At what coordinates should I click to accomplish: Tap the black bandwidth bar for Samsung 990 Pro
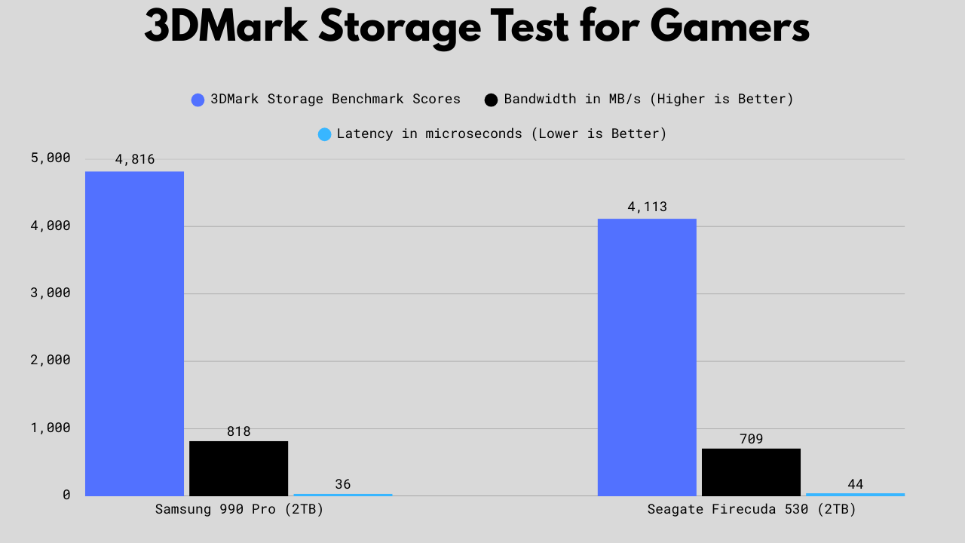(x=238, y=468)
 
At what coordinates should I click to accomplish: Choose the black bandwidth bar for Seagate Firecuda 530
(x=751, y=472)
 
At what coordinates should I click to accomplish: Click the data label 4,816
(x=135, y=159)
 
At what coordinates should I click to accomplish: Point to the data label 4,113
(x=647, y=207)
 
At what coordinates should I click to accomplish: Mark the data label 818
(x=238, y=432)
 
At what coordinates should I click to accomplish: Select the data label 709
(x=751, y=439)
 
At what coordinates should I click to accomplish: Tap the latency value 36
(x=343, y=484)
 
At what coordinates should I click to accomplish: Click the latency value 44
(x=855, y=484)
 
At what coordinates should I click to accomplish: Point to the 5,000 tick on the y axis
(x=51, y=158)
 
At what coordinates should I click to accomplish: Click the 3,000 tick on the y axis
(x=51, y=293)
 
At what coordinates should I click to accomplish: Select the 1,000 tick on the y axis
(x=51, y=428)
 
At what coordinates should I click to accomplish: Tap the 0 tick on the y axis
(x=66, y=495)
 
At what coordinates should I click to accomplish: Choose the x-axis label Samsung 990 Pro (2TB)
(x=239, y=509)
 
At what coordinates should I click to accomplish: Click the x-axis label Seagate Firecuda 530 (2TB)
(x=752, y=509)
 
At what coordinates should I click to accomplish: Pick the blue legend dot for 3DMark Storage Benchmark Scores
(x=198, y=100)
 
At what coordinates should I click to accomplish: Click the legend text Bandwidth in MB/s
(x=648, y=99)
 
